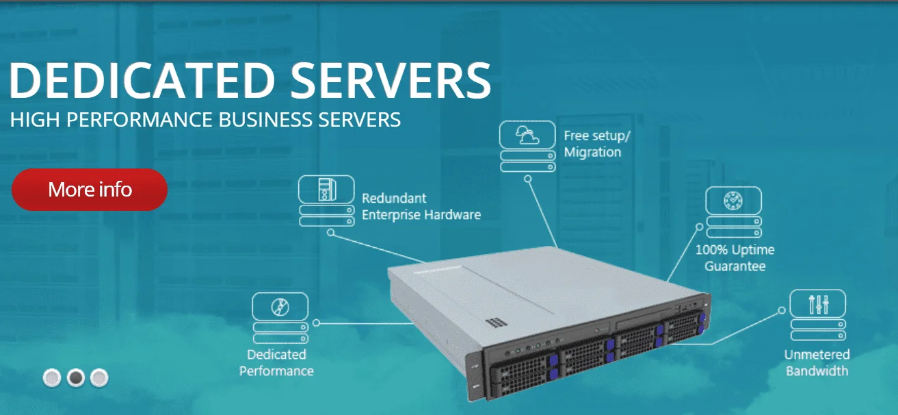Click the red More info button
click(90, 189)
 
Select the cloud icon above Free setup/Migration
click(527, 135)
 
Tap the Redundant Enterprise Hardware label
click(421, 206)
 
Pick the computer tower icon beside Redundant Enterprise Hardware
click(326, 189)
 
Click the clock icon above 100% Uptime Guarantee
click(733, 200)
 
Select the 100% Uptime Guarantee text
click(735, 258)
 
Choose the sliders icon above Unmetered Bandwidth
click(818, 303)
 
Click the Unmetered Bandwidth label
click(817, 363)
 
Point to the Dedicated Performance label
click(276, 363)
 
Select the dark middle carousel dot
click(76, 377)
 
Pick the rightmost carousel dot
click(99, 377)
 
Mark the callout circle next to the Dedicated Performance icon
click(316, 323)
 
